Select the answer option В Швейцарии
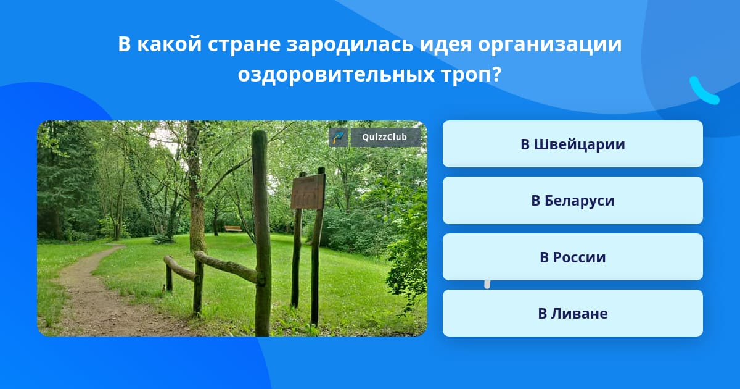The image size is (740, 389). pos(572,144)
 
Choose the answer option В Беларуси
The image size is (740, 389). pos(572,201)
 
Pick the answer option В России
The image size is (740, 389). pos(572,257)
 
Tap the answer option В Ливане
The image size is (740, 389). pos(572,313)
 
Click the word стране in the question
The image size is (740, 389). pos(244,44)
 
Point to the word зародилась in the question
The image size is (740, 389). pos(350,44)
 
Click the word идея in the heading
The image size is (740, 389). pos(446,44)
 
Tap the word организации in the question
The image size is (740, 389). pos(549,44)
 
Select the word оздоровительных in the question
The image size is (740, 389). pos(336,75)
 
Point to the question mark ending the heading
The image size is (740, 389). pos(496,73)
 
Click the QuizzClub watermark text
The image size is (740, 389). pos(384,137)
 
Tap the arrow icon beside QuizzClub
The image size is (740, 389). pos(339,137)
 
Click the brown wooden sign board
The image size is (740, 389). pos(308,192)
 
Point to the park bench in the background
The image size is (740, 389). pos(233,228)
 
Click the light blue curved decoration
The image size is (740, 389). pos(703,91)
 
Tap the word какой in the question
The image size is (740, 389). pos(169,44)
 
